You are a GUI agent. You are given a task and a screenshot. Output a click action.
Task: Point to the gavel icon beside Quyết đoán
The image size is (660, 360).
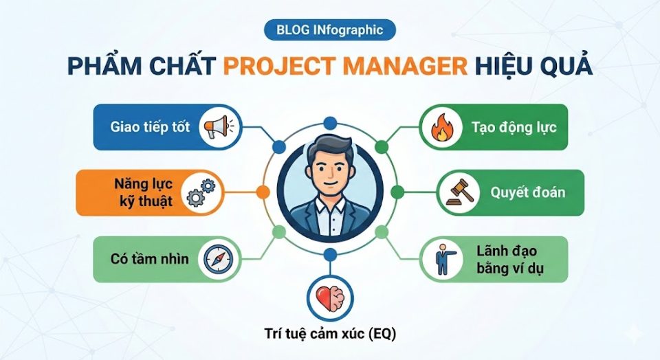pyautogui.click(x=457, y=192)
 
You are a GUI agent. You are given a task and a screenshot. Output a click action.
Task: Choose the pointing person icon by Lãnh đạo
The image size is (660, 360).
pyautogui.click(x=441, y=259)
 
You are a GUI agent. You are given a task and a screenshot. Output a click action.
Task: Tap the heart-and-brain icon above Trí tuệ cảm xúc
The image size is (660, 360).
pyautogui.click(x=329, y=297)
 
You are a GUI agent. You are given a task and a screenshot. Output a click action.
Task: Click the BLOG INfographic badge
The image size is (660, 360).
pyautogui.click(x=329, y=30)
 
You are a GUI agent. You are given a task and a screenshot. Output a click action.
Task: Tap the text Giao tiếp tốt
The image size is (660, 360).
pyautogui.click(x=149, y=127)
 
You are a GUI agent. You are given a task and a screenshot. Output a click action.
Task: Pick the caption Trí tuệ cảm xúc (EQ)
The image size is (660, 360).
pyautogui.click(x=330, y=335)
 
